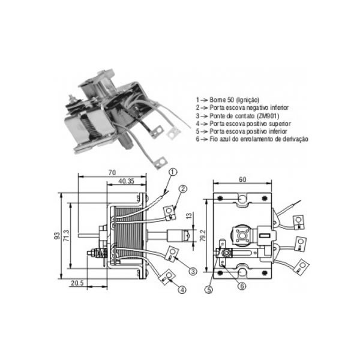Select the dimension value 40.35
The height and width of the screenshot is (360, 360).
[125, 181]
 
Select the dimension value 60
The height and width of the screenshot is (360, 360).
[243, 179]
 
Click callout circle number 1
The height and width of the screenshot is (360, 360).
[172, 172]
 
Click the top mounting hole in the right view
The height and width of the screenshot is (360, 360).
[242, 198]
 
